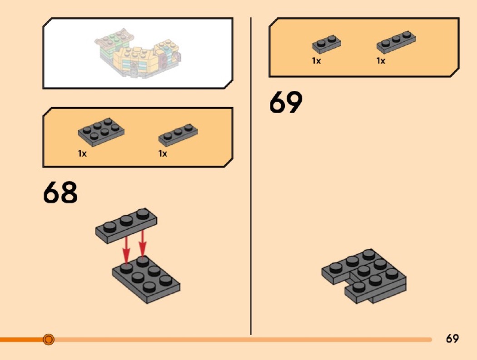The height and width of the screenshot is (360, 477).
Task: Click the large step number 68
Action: pyautogui.click(x=60, y=192)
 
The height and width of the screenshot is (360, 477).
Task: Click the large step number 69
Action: pyautogui.click(x=285, y=103)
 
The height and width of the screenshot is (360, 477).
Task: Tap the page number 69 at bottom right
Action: pyautogui.click(x=452, y=339)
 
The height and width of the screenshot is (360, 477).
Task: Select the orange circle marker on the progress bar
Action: pyautogui.click(x=49, y=339)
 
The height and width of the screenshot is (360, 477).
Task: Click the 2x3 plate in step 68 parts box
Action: pyautogui.click(x=101, y=132)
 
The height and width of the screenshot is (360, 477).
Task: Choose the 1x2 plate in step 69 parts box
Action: pyautogui.click(x=326, y=44)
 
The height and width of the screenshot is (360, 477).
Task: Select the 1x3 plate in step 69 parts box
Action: pyautogui.click(x=397, y=42)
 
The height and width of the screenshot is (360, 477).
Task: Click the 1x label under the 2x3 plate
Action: pyautogui.click(x=82, y=153)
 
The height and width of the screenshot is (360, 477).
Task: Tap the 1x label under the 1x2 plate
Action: pyautogui.click(x=316, y=61)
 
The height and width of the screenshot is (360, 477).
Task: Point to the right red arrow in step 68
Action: pyautogui.click(x=143, y=244)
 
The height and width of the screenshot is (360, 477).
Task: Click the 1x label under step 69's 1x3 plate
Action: pyautogui.click(x=381, y=61)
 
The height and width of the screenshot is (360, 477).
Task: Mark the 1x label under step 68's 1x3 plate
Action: pyautogui.click(x=163, y=153)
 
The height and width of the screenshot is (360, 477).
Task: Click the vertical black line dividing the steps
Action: pyautogui.click(x=251, y=182)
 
